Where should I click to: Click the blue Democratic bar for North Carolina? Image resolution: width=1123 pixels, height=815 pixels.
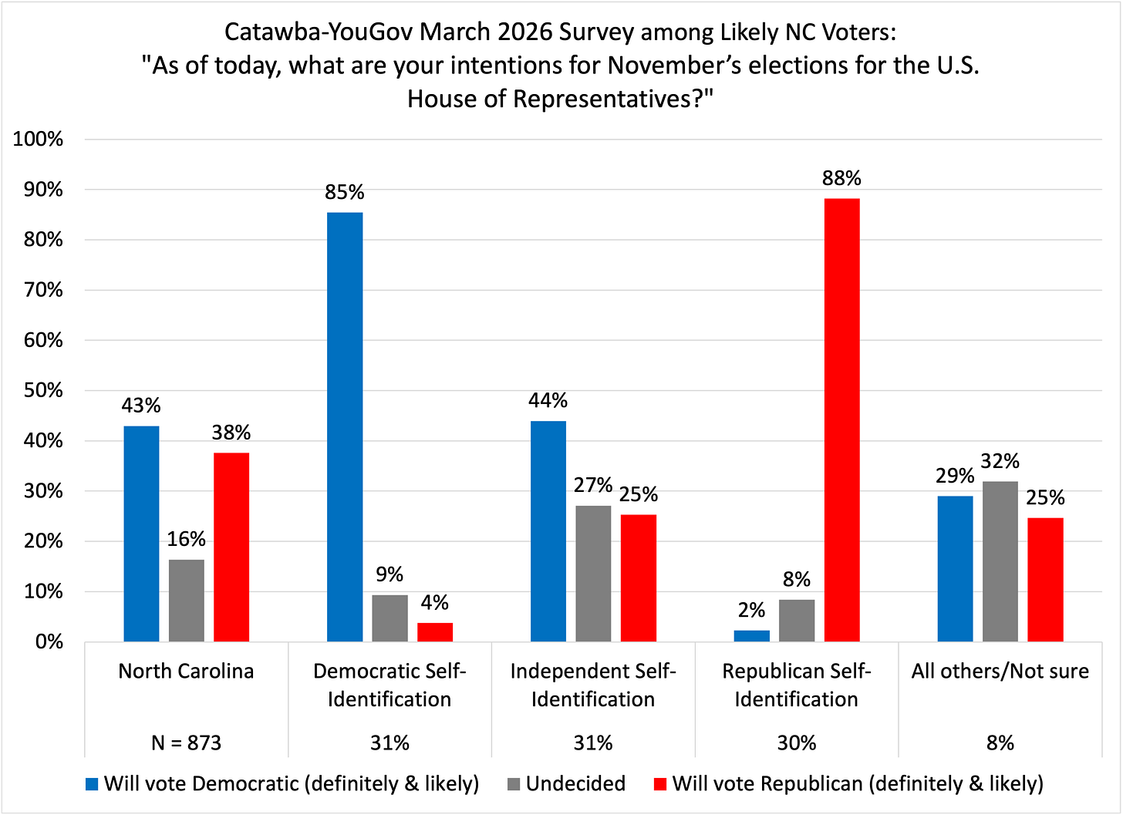pyautogui.click(x=141, y=534)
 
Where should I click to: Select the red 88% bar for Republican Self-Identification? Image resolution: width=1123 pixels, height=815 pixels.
pyautogui.click(x=841, y=420)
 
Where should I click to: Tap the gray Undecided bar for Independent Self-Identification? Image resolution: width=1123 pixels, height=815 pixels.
pyautogui.click(x=593, y=574)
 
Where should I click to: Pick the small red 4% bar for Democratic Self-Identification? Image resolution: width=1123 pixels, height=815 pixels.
pyautogui.click(x=435, y=632)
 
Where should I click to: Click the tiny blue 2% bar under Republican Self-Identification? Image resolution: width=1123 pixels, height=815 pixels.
pyautogui.click(x=751, y=636)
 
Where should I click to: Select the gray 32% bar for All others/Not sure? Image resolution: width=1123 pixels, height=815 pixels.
pyautogui.click(x=1000, y=561)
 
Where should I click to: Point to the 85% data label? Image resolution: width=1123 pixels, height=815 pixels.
pyautogui.click(x=345, y=192)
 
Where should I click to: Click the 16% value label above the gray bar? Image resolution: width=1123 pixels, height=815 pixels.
pyautogui.click(x=187, y=539)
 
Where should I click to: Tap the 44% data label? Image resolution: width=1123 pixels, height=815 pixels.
pyautogui.click(x=548, y=400)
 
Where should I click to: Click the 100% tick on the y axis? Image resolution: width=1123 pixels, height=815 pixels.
pyautogui.click(x=39, y=140)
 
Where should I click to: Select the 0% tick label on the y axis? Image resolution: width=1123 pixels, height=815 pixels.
pyautogui.click(x=48, y=642)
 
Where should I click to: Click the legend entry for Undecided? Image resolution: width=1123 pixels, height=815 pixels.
pyautogui.click(x=575, y=784)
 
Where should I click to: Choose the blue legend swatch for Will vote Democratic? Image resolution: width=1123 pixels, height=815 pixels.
pyautogui.click(x=93, y=785)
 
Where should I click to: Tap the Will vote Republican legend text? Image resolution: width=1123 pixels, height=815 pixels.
pyautogui.click(x=858, y=784)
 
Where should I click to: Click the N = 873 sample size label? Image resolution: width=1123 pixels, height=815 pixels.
pyautogui.click(x=186, y=743)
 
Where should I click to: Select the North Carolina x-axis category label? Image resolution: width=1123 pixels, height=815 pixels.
pyautogui.click(x=186, y=671)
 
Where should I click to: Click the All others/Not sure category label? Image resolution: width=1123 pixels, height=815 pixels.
pyautogui.click(x=1000, y=671)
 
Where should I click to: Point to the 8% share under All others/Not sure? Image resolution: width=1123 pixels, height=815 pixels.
pyautogui.click(x=1000, y=743)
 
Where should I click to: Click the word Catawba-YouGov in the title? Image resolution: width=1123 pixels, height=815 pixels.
pyautogui.click(x=320, y=32)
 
